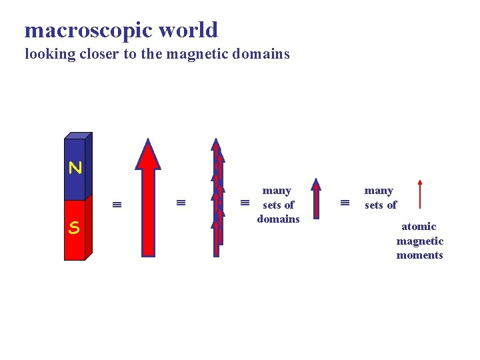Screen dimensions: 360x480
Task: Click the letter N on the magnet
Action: [75, 168]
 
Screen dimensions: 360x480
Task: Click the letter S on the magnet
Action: [74, 228]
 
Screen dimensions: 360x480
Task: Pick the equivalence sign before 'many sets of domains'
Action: [244, 203]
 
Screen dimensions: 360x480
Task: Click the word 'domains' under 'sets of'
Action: [279, 219]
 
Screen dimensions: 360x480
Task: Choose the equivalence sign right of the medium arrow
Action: [345, 203]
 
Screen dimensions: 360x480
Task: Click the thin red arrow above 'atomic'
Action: [419, 195]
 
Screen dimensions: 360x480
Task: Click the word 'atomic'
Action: [419, 227]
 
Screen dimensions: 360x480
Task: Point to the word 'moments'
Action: [419, 255]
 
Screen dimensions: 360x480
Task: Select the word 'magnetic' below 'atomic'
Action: [419, 241]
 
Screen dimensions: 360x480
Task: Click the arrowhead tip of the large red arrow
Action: [148, 141]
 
